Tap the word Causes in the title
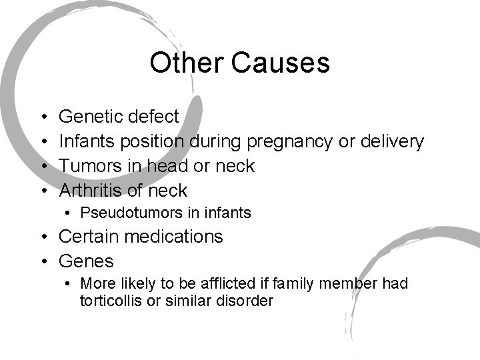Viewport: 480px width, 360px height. (x=280, y=63)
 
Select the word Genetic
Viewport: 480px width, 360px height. (x=90, y=117)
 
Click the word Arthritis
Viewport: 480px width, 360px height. (x=91, y=191)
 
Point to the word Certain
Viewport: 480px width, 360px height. (x=88, y=237)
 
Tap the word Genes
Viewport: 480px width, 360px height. (x=87, y=261)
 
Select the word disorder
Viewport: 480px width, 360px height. (x=245, y=301)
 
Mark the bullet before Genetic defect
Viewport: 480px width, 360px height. (x=42, y=117)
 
